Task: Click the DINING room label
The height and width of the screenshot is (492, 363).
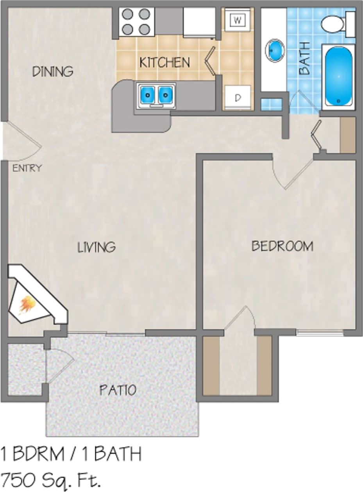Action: point(53,71)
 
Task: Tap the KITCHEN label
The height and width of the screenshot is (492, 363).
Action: point(165,62)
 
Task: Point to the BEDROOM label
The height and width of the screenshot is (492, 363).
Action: point(282,246)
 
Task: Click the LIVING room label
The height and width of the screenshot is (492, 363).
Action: point(97,247)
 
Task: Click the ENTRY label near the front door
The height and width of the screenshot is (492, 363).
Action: point(27,169)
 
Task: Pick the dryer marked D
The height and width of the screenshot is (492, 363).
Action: point(238,97)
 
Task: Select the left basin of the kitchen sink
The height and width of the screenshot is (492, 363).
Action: point(147,94)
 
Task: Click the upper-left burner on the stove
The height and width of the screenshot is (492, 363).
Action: point(128,14)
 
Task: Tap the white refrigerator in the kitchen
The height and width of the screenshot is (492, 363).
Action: point(199,22)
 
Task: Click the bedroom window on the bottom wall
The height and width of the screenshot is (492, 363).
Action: point(320,333)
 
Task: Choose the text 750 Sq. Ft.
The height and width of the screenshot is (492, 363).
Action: point(51,479)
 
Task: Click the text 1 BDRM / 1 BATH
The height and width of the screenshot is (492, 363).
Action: point(71,454)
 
